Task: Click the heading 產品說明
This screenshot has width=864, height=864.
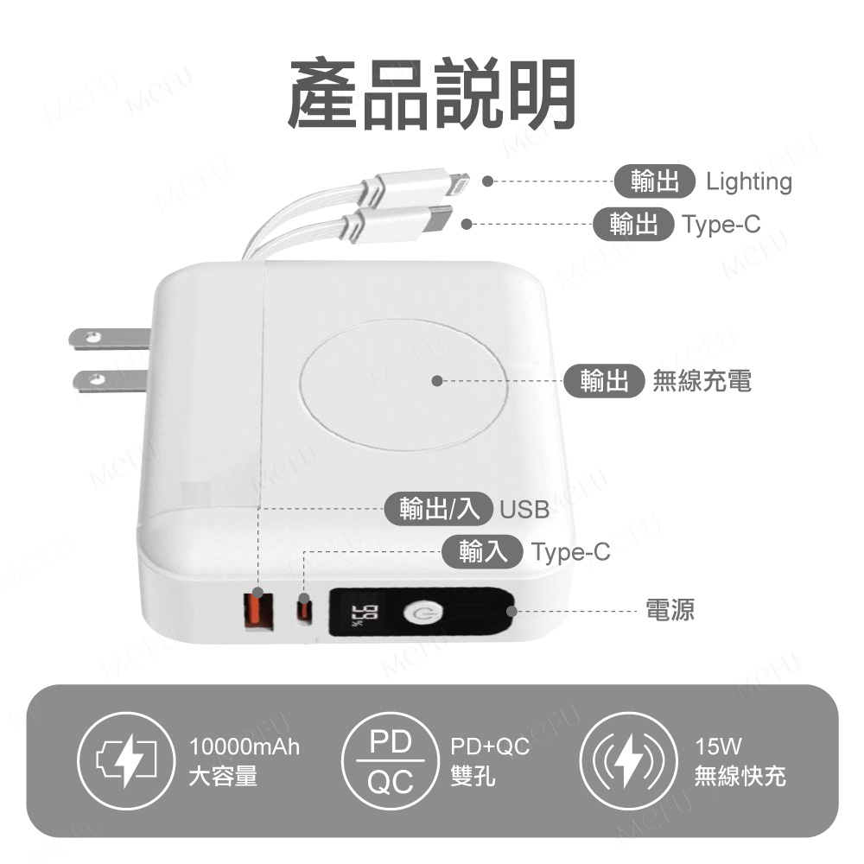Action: pos(431,93)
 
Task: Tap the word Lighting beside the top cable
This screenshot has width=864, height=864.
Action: pos(749,181)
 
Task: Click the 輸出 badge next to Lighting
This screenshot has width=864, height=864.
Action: pos(655,181)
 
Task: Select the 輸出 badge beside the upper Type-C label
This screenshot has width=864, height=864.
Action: pos(633,224)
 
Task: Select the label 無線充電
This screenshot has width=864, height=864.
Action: pos(702,381)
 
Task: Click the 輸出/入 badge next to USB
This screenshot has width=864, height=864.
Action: pos(438,508)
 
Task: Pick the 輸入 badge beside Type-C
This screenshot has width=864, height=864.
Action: pos(482,551)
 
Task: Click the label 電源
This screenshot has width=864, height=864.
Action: pos(670,611)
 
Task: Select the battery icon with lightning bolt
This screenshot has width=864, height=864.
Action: pos(126,761)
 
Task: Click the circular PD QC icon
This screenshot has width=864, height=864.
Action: pos(391,761)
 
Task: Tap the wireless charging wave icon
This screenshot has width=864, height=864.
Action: pos(628,761)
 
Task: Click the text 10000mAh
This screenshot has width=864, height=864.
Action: pos(245,747)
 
